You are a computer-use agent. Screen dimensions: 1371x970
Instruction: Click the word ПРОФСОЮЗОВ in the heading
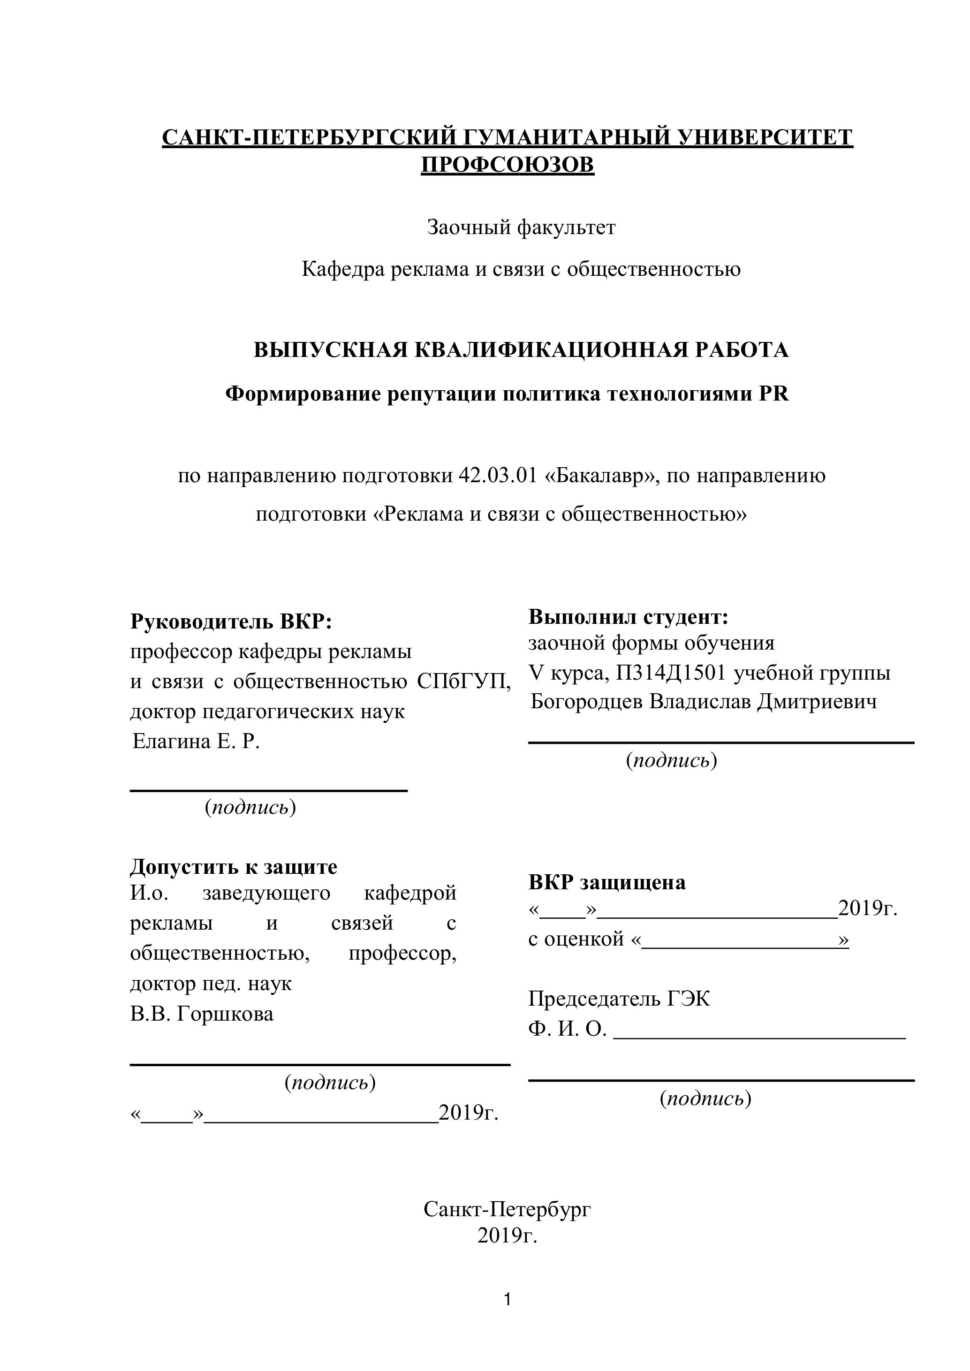508,164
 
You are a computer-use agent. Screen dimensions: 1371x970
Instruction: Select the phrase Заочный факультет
521,227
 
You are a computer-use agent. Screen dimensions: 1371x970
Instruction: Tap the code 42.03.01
498,476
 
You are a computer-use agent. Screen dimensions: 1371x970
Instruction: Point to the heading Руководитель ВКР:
231,621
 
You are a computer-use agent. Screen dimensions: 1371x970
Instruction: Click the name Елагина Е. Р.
196,742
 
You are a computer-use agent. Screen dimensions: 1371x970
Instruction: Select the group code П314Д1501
671,673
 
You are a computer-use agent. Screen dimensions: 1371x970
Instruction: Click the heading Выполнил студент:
629,617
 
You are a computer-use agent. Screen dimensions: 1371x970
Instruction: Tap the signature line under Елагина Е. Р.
269,791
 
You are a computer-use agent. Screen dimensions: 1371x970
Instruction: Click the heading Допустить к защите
234,866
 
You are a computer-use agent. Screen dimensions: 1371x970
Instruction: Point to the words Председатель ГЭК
620,999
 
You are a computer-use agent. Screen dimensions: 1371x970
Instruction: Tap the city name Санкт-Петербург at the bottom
508,1209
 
